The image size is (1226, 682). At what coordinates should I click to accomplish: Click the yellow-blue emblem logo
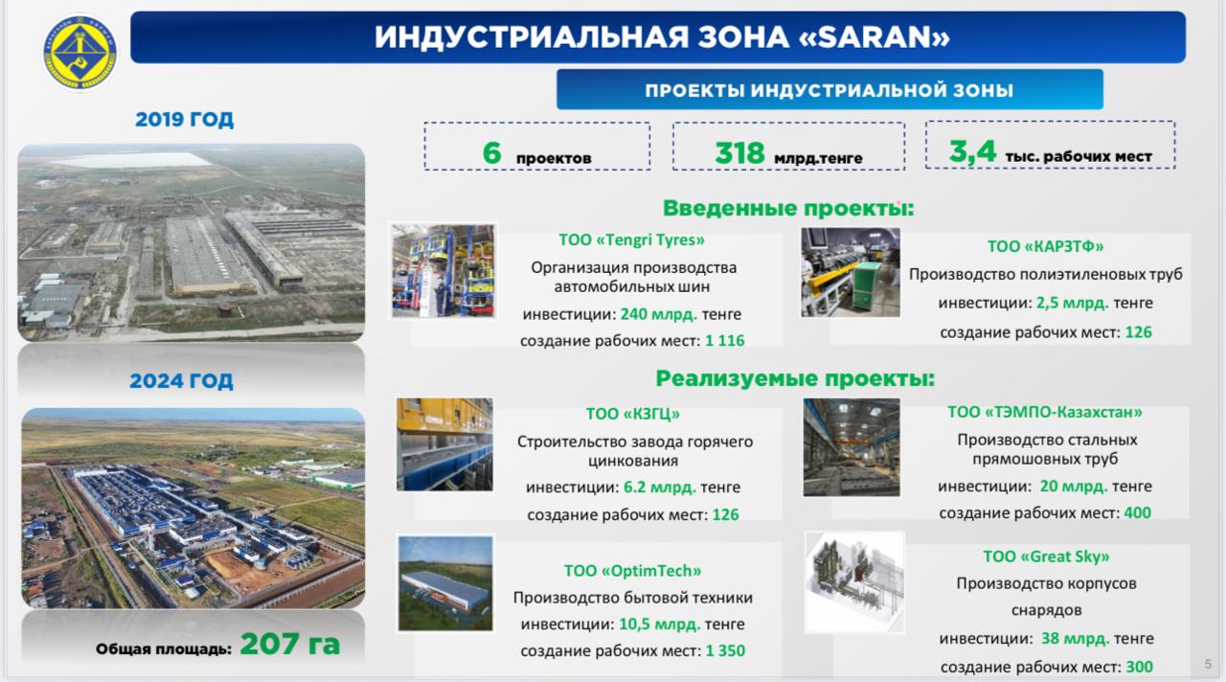(x=79, y=53)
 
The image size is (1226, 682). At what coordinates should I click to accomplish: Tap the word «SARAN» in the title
(x=874, y=37)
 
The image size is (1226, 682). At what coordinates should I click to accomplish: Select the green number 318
(x=739, y=152)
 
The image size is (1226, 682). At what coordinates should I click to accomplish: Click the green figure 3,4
(x=972, y=151)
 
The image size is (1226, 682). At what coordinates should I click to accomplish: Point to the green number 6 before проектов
(x=492, y=152)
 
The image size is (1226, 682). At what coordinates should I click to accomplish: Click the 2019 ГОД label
(x=185, y=120)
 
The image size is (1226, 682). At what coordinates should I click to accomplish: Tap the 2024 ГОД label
(x=181, y=380)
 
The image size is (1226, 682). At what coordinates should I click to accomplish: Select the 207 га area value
(x=290, y=644)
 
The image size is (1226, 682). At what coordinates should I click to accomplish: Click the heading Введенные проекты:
(x=788, y=208)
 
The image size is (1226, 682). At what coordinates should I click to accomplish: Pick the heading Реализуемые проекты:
(x=795, y=378)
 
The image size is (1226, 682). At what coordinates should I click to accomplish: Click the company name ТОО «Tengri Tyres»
(x=631, y=239)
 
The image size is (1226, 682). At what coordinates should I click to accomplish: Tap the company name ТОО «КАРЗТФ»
(x=1045, y=246)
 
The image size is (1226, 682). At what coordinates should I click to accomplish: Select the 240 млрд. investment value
(x=658, y=314)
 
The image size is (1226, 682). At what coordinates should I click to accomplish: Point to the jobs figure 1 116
(x=725, y=340)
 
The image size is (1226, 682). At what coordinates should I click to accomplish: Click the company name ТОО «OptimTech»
(x=633, y=570)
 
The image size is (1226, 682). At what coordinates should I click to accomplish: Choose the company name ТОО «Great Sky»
(x=1046, y=557)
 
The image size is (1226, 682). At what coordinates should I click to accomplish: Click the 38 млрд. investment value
(x=1075, y=638)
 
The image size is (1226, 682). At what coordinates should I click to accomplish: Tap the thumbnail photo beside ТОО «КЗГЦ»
(x=444, y=444)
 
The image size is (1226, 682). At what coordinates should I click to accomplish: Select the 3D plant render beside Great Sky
(x=854, y=582)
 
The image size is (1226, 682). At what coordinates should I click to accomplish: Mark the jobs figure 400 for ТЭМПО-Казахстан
(x=1137, y=512)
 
